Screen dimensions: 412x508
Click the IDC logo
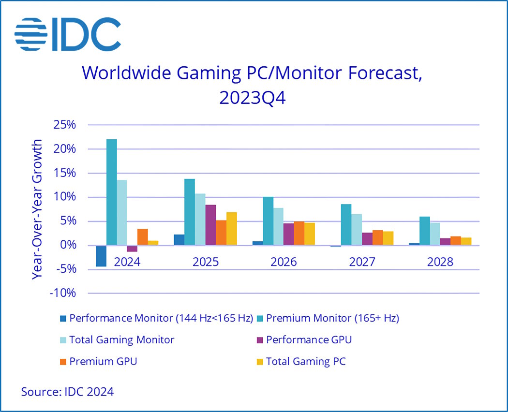(x=68, y=34)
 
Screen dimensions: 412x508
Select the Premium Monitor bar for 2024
(x=112, y=192)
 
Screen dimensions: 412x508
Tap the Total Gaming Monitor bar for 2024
(x=122, y=212)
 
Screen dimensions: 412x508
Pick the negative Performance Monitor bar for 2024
(x=101, y=256)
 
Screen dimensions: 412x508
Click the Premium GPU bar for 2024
(x=143, y=237)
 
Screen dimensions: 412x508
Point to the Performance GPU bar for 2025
(x=210, y=225)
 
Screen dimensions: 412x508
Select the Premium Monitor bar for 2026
(x=268, y=221)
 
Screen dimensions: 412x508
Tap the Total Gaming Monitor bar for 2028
(x=435, y=234)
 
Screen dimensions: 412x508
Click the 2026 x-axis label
(x=284, y=262)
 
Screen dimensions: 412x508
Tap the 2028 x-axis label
(x=440, y=262)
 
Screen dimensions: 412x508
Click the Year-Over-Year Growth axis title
(x=37, y=209)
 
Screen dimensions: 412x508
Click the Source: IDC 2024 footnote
(x=67, y=391)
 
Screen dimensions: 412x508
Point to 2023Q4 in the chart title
(x=252, y=97)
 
